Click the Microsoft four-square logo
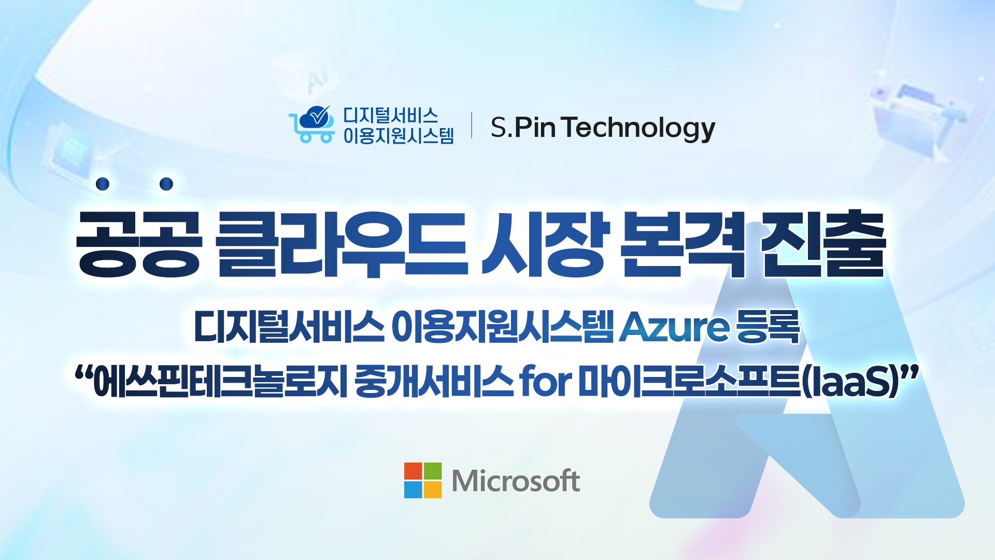coord(423,480)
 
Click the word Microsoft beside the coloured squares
coord(516,481)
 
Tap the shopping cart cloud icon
coord(312,124)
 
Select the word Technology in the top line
coord(638,128)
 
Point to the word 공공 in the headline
coord(138,244)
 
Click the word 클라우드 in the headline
coord(343,244)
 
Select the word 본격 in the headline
coord(683,244)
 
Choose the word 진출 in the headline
coord(823,244)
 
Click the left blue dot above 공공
coord(103,184)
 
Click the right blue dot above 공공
coord(166,184)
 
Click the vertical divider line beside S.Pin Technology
coord(472,125)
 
